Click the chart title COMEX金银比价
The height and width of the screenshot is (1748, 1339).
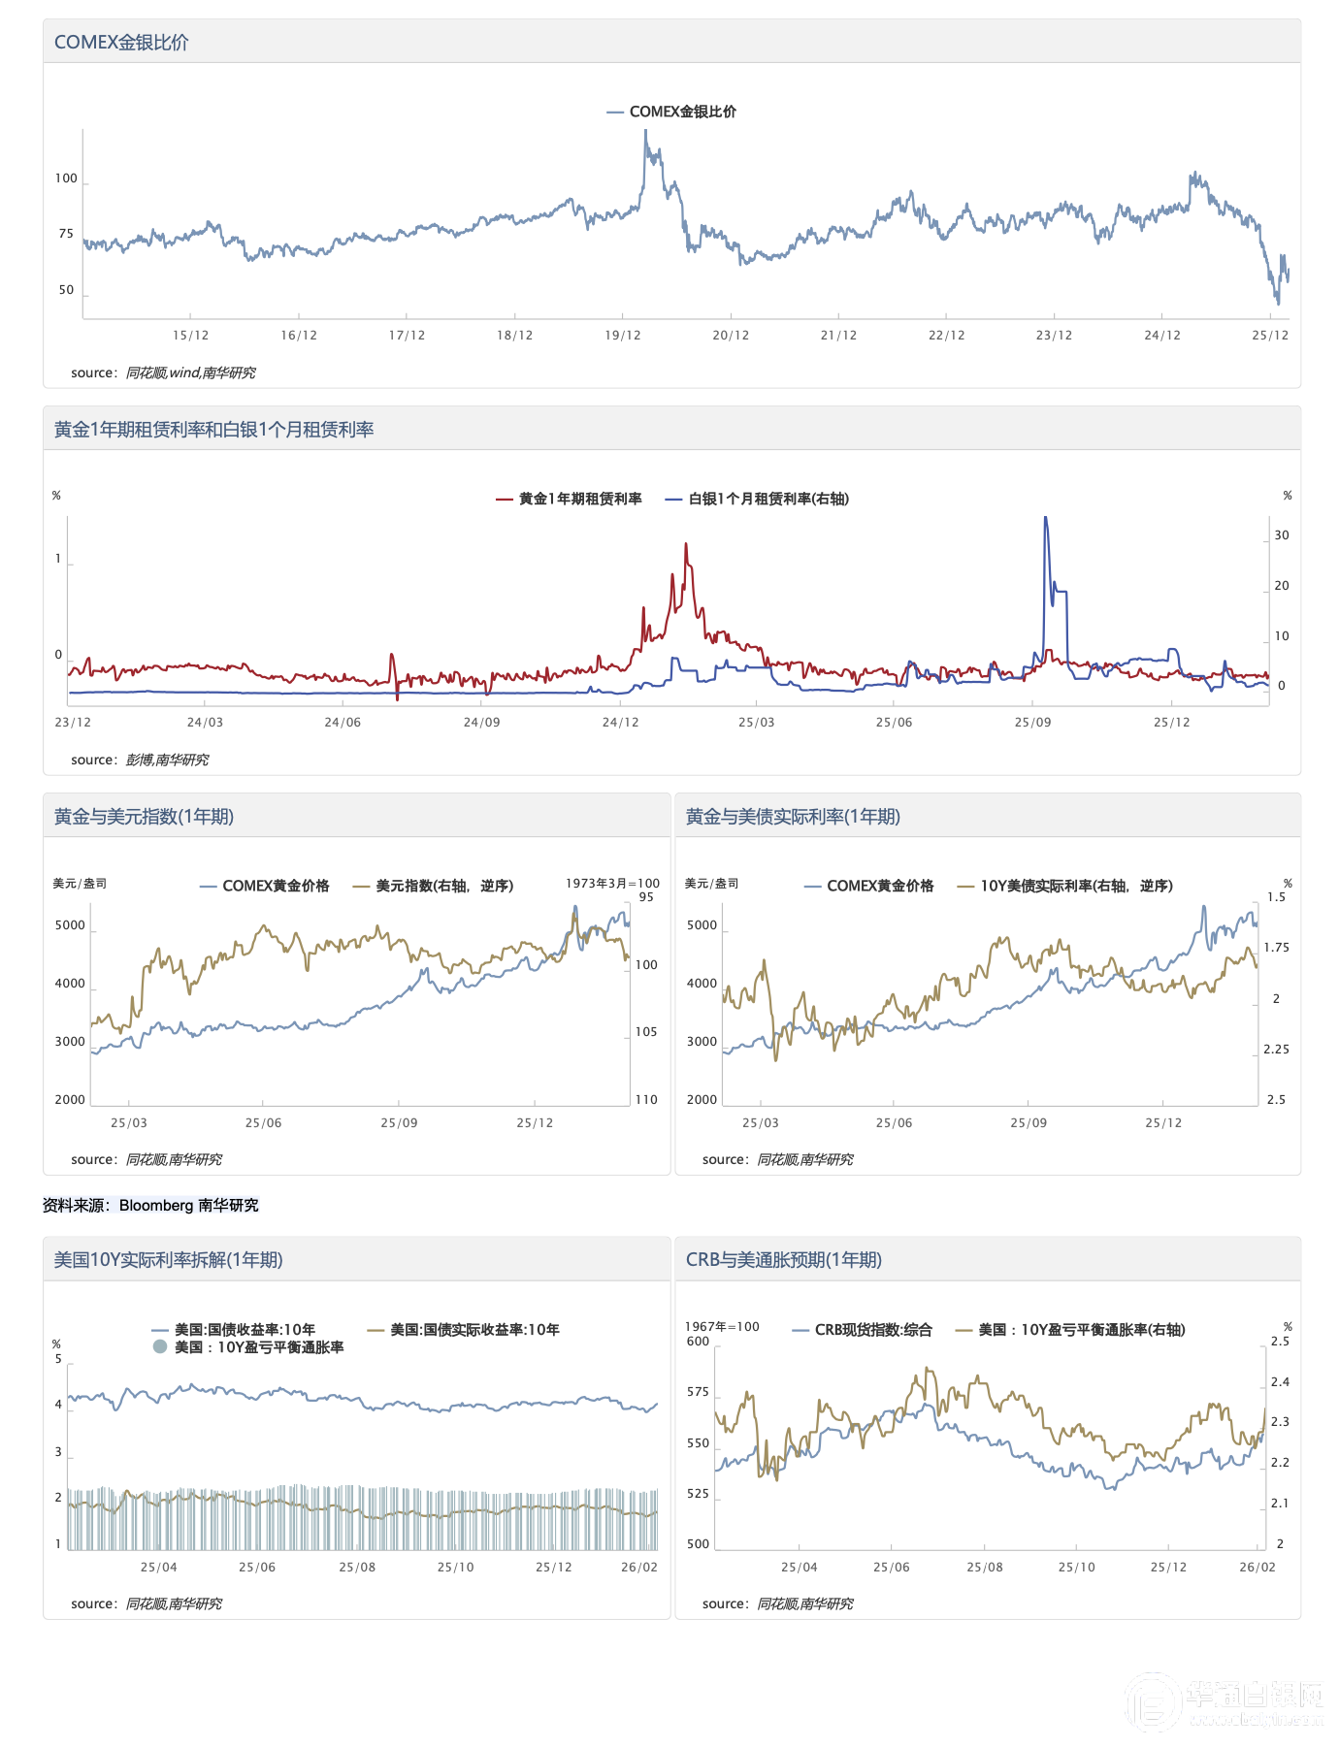pyautogui.click(x=121, y=43)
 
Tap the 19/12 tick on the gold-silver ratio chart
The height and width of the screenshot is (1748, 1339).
pyautogui.click(x=623, y=336)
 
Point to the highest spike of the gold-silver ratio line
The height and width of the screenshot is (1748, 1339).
pyautogui.click(x=645, y=132)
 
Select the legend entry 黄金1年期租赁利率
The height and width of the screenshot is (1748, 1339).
pyautogui.click(x=579, y=499)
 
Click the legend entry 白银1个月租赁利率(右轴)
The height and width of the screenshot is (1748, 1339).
pyautogui.click(x=767, y=499)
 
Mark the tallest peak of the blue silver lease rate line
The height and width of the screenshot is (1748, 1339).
pyautogui.click(x=1045, y=518)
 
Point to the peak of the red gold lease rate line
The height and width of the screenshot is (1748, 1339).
pyautogui.click(x=686, y=544)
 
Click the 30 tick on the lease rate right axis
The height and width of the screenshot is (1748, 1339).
pyautogui.click(x=1282, y=535)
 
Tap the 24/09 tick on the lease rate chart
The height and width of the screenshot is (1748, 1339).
pyautogui.click(x=481, y=723)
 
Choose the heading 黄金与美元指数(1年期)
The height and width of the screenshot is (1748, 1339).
pyautogui.click(x=144, y=817)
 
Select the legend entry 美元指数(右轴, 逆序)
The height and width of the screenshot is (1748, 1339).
pyautogui.click(x=443, y=886)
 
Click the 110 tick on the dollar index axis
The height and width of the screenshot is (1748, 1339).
pyautogui.click(x=646, y=1100)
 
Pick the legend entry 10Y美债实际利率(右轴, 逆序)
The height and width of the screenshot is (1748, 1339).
pyautogui.click(x=1075, y=886)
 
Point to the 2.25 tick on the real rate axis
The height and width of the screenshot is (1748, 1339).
pyautogui.click(x=1276, y=1050)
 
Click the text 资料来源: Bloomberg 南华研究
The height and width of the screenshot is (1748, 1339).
pyautogui.click(x=150, y=1205)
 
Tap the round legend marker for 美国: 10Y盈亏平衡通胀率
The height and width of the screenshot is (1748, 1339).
pyautogui.click(x=160, y=1347)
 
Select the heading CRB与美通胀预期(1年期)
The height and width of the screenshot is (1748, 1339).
pyautogui.click(x=783, y=1260)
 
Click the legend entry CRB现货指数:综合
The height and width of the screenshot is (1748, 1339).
pyautogui.click(x=872, y=1330)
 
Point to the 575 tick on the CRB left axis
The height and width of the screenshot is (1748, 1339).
pyautogui.click(x=698, y=1392)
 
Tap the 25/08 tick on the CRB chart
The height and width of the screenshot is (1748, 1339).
pyautogui.click(x=984, y=1568)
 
